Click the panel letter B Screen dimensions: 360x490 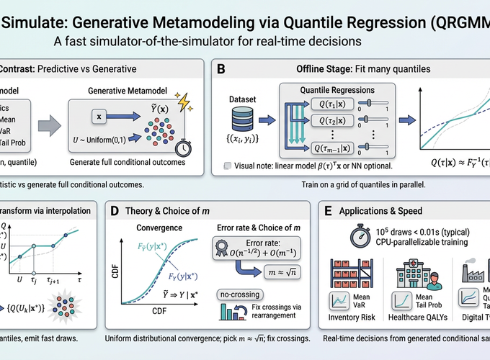coord(220,69)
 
